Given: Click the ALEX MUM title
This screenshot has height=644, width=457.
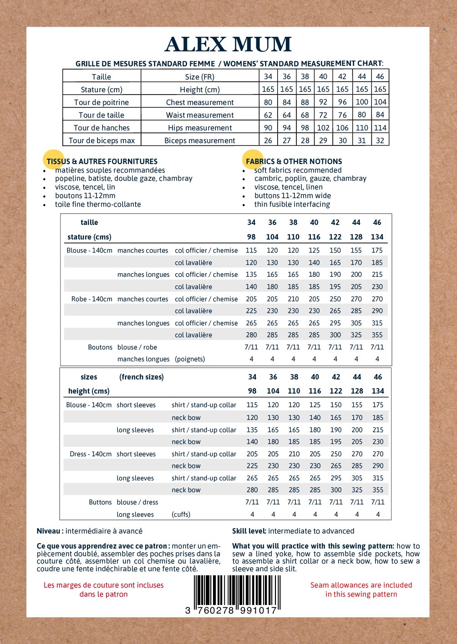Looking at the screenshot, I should pos(228,45).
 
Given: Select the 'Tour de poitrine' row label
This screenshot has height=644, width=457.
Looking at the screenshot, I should pos(102,102).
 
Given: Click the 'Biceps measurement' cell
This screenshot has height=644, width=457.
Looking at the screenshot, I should pos(200,140).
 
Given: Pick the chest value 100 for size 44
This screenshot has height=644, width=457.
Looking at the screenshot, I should pos(362,102).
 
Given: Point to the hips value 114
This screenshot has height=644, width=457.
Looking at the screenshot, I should pos(380,128).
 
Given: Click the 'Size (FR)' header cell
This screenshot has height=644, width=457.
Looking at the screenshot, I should pos(200,77).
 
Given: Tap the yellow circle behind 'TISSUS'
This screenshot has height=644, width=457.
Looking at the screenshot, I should pos(54,160).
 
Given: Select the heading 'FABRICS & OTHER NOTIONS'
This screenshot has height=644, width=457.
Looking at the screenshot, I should pos(294,161).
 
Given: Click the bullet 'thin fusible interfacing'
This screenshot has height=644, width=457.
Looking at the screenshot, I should pos(292,204).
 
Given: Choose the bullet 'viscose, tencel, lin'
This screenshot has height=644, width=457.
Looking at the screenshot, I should pos(85,187).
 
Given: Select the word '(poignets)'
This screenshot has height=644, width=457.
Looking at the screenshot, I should pos(190,359).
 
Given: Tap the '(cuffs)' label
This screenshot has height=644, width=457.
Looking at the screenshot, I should pos(181,514).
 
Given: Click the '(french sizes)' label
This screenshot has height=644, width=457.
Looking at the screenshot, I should pos(142,377).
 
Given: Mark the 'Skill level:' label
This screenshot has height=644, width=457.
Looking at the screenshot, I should pos(249,531).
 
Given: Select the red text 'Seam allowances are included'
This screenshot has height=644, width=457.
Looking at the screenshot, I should pos(361,585).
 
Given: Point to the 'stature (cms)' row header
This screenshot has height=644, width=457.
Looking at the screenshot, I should pos(89,237).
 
